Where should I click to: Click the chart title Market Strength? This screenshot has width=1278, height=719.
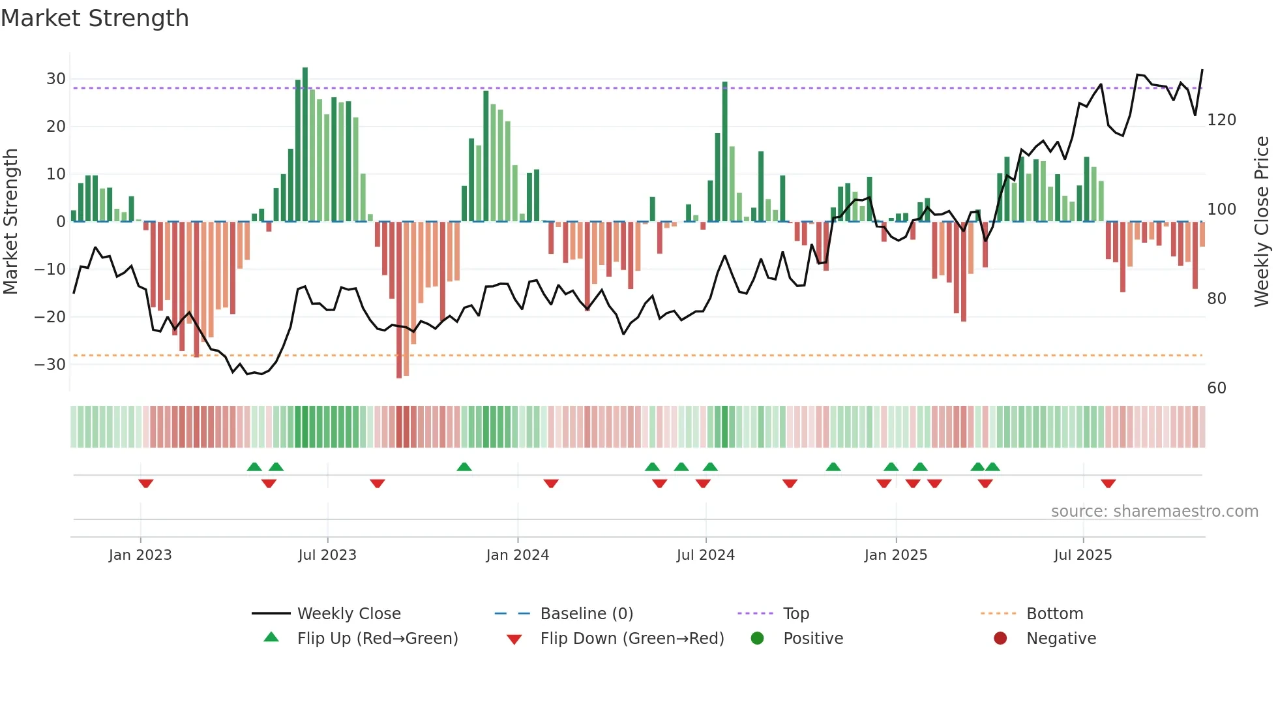(95, 18)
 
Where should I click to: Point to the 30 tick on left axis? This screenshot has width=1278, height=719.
(56, 79)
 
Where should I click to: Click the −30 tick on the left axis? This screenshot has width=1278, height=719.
(50, 364)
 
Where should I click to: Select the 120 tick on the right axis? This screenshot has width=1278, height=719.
(1221, 120)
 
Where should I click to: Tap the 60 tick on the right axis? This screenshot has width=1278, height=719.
(1217, 388)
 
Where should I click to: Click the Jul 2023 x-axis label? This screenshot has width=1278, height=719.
(327, 555)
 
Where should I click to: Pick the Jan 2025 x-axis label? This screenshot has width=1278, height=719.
(895, 555)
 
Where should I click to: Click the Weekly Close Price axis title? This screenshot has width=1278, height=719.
(1262, 222)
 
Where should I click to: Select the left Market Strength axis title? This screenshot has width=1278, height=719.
(11, 222)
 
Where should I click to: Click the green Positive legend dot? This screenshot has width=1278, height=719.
(757, 638)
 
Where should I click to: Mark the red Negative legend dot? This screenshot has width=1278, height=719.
(1000, 638)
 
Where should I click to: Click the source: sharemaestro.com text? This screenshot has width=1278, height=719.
(1154, 512)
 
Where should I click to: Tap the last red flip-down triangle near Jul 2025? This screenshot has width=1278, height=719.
(1108, 483)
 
